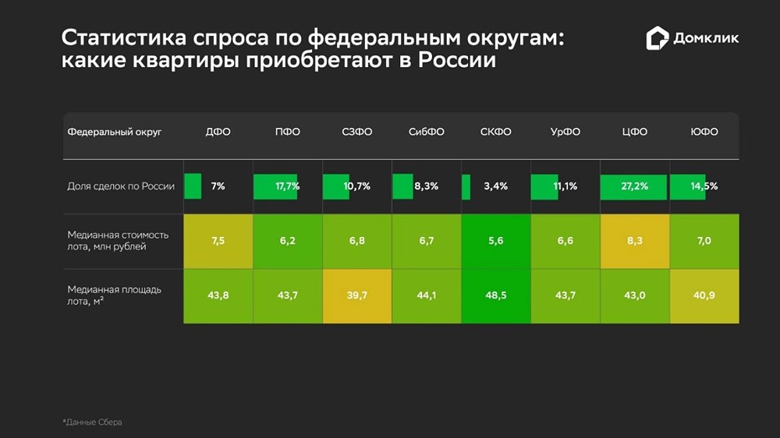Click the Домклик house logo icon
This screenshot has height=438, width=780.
coord(658,38)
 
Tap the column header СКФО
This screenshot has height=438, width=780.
coord(495,132)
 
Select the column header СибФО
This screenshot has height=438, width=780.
coord(426,132)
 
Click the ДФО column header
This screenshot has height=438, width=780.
coord(218,132)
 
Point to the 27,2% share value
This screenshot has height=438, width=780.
coord(635,186)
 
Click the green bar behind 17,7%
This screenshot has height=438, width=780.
coord(275,186)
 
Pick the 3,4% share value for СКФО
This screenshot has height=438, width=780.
coord(495,186)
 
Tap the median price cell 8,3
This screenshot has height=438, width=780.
coord(634,241)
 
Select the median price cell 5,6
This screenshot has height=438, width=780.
coord(495,241)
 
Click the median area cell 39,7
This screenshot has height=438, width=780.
coord(356,295)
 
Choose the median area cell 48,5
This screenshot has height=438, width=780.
coord(495,295)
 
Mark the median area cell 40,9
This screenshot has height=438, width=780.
coord(704,295)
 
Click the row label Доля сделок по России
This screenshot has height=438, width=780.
coord(121,186)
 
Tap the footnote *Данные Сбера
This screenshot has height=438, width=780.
coord(92,422)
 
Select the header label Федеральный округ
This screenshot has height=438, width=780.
coord(115,132)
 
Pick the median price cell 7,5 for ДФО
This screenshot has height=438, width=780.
coord(218,241)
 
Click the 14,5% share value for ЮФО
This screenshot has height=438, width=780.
coord(704,186)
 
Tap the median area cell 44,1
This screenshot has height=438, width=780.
coord(426,295)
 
